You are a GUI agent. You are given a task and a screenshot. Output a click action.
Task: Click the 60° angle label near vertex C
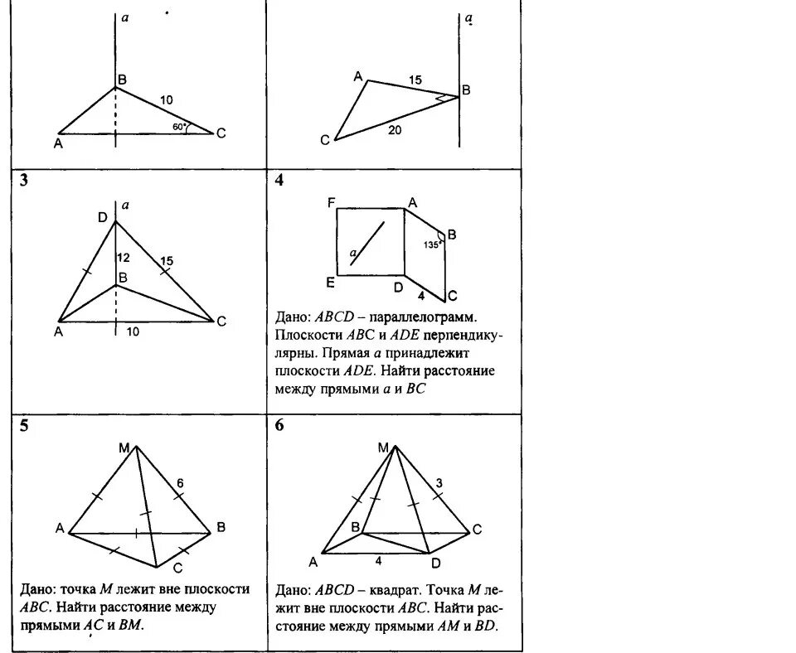[177, 127]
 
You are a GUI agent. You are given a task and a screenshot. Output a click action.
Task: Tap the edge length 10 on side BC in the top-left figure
[167, 100]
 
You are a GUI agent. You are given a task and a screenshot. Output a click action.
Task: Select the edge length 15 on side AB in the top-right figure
[415, 80]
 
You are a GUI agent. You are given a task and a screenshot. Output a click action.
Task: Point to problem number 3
[25, 182]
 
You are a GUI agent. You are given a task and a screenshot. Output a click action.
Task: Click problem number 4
[279, 181]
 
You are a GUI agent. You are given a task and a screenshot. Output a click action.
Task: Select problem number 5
[25, 427]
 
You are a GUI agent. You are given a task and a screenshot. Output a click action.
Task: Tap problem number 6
[279, 427]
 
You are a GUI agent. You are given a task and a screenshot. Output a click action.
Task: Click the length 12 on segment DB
[124, 256]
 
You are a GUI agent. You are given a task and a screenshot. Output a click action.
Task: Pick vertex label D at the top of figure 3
[102, 217]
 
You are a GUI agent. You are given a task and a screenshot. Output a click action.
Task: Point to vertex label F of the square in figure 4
[331, 201]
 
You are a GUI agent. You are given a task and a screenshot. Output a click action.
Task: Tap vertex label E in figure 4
[330, 283]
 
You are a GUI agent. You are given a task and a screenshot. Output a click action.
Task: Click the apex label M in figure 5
[123, 448]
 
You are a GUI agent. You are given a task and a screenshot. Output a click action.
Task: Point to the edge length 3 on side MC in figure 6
[439, 482]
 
